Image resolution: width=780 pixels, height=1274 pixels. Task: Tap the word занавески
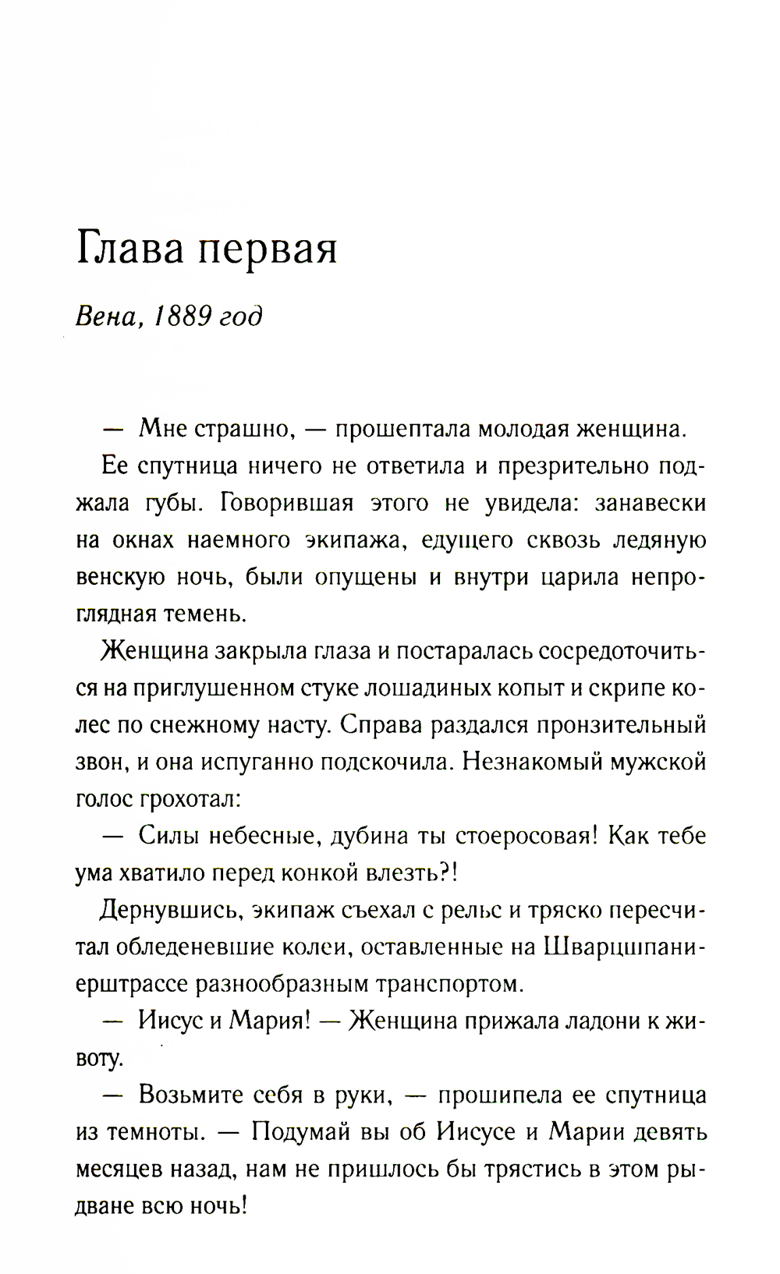click(x=651, y=503)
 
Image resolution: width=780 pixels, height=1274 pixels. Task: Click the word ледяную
click(x=659, y=540)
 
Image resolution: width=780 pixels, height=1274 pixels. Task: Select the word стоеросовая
click(x=527, y=836)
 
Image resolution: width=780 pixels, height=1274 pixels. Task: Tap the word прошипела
click(x=498, y=1095)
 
